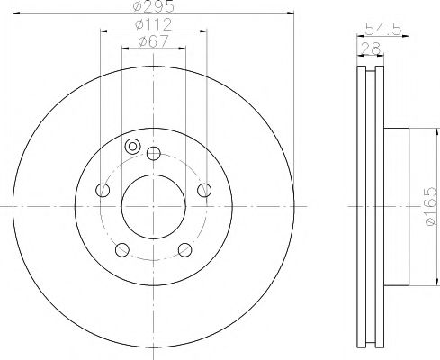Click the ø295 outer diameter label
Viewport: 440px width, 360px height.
point(154,6)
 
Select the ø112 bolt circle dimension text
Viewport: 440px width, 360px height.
point(154,24)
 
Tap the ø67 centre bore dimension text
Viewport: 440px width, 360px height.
point(154,41)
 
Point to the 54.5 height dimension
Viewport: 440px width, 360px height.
point(383,30)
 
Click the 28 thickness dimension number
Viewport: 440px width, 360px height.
point(371,49)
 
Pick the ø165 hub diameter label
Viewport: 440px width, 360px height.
point(430,206)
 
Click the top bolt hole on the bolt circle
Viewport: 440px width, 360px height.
point(154,154)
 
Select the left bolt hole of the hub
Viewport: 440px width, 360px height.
point(103,190)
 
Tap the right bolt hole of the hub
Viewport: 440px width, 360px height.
point(204,190)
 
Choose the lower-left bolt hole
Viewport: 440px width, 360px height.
point(122,249)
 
